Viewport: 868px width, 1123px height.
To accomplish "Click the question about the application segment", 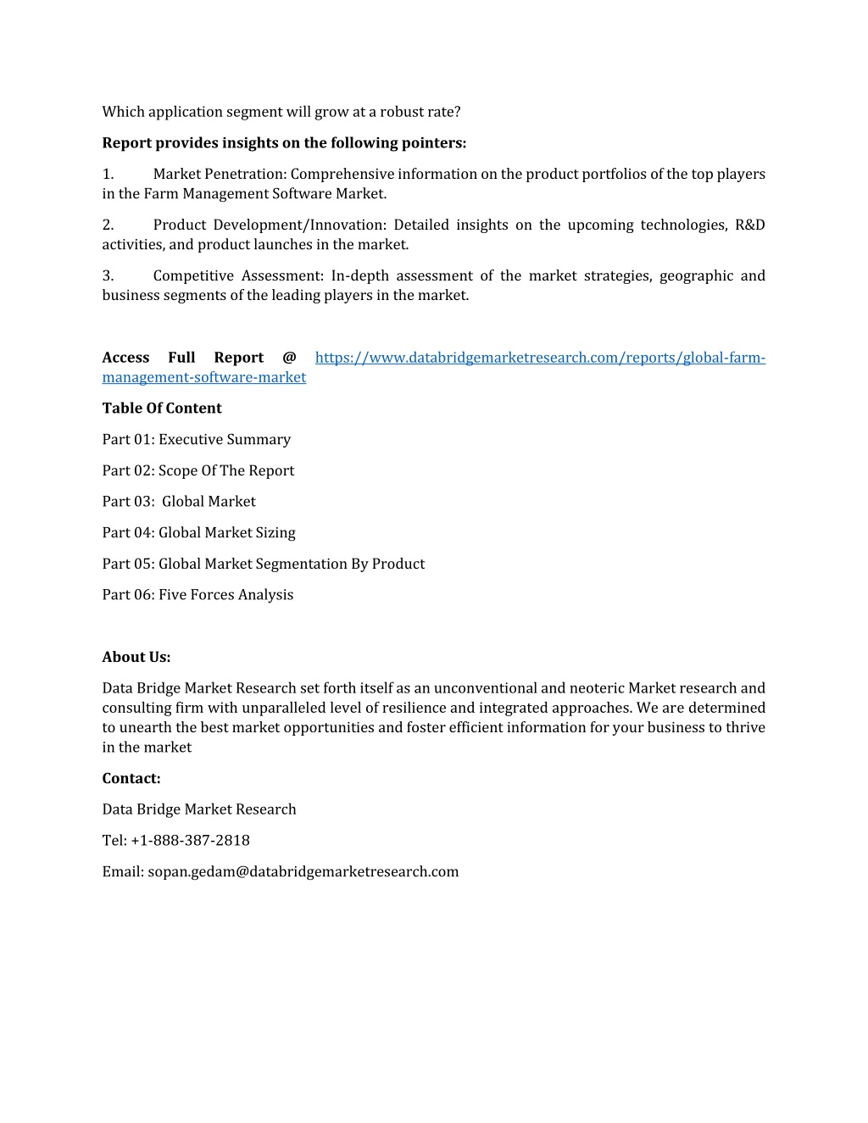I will coord(281,112).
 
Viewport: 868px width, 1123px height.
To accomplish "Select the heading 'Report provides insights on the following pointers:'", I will coord(284,143).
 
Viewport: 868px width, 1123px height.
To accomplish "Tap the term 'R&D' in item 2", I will coord(749,225).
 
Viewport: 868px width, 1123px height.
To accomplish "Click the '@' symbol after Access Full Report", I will coord(289,358).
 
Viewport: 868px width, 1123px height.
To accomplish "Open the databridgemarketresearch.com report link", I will coord(540,358).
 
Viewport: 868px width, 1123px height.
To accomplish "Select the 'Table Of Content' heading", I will coord(162,409).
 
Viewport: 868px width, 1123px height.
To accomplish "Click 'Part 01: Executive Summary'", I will coord(197,440).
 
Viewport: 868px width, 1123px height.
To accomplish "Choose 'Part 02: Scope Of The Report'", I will coord(198,471).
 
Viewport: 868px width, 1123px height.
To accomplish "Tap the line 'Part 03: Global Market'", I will coord(179,502).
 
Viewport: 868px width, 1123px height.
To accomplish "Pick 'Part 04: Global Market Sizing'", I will coord(199,533).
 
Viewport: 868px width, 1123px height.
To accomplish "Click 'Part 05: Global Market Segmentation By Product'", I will coord(264,564).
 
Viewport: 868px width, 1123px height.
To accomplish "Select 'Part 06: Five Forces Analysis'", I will coord(198,595).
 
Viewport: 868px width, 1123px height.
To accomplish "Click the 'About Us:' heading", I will coord(136,658).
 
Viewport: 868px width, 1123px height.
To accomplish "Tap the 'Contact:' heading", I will coord(131,779).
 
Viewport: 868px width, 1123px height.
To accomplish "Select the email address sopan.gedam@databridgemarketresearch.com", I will coord(303,872).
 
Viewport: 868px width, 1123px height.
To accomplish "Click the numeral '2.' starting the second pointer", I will coord(108,225).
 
